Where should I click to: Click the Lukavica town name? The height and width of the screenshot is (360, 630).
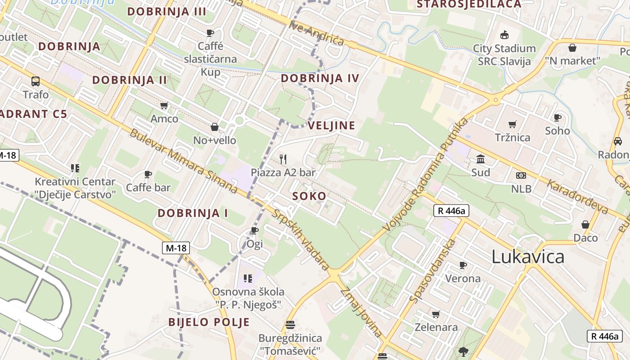528,256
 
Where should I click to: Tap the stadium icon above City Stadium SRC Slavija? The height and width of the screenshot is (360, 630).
504,35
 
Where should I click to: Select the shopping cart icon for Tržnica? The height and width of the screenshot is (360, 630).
512,124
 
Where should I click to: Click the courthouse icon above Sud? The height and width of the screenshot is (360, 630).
481,159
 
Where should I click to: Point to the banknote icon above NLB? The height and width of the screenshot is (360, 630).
521,175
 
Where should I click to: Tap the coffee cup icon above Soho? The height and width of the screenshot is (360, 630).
558,117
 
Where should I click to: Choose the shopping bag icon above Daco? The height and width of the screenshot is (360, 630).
585,224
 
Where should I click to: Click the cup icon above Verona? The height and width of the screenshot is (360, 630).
463,265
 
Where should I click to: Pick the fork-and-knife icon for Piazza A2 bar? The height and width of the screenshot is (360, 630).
283,159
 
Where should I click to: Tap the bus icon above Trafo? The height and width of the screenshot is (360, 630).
36,81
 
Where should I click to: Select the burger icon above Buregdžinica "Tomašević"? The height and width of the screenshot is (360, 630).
290,324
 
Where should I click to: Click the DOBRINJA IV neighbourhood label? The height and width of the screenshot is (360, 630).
320,78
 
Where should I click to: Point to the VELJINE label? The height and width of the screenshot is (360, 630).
332,126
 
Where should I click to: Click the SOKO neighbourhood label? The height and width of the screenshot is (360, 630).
309,196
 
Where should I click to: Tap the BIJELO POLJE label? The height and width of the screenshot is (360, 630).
209,322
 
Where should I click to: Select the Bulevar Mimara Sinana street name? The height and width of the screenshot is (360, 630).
184,161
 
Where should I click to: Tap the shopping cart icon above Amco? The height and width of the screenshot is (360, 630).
164,106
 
